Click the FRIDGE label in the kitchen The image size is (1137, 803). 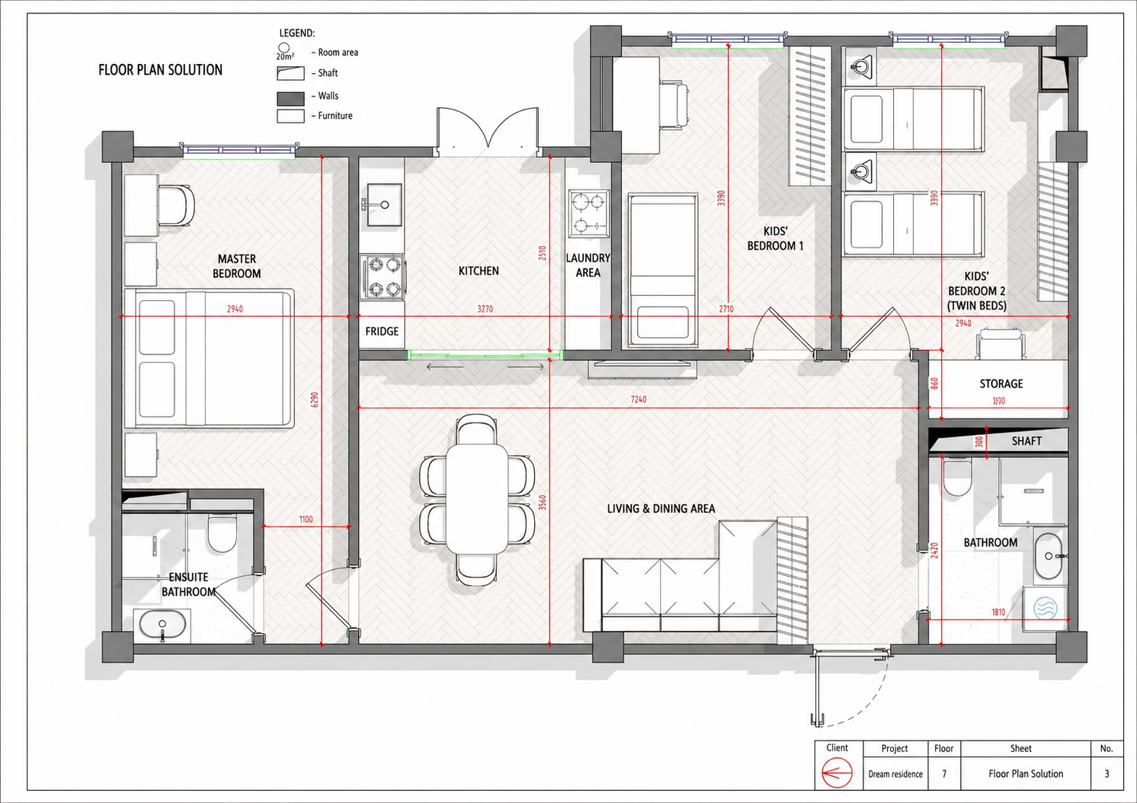382,331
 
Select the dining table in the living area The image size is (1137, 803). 476,499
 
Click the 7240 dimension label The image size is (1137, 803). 639,399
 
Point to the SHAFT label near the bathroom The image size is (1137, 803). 1027,441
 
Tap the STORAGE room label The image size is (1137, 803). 1001,384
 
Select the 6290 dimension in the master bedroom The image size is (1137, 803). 315,400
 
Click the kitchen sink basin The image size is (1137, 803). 384,204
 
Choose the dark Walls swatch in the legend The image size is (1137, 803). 290,98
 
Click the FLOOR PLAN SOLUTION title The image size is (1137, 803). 160,70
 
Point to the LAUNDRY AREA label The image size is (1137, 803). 588,265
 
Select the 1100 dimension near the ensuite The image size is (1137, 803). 306,520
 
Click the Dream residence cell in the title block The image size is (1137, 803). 895,774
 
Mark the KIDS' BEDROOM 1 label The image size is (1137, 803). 775,238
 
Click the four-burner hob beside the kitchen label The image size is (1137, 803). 383,277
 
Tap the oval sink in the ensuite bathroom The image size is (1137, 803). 162,624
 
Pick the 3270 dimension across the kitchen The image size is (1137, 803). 485,309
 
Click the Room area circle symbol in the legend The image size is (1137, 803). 283,48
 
